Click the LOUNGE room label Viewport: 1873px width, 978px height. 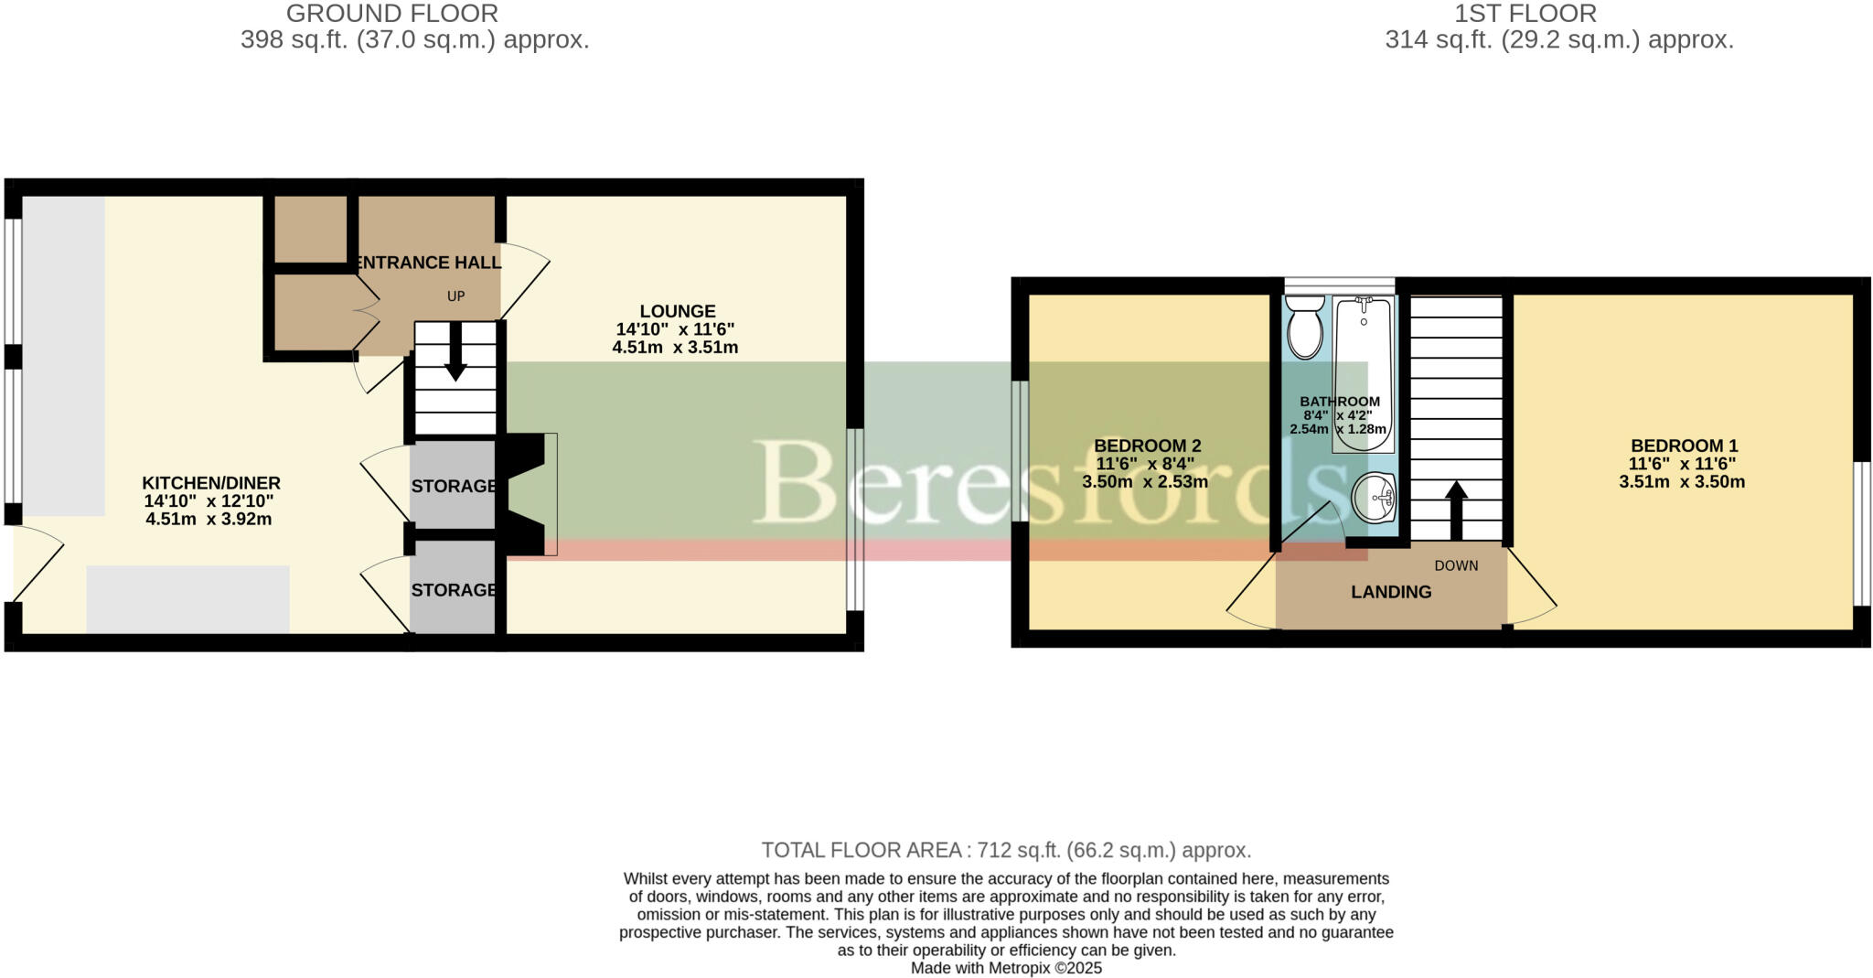point(677,311)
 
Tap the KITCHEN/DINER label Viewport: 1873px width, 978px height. point(211,483)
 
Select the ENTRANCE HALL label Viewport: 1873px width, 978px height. point(427,263)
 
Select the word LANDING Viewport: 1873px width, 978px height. point(1391,592)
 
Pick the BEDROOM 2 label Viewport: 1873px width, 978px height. point(1147,446)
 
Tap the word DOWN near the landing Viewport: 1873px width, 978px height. point(1456,565)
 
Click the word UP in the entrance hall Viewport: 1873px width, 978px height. point(455,296)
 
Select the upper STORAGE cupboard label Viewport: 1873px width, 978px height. point(454,486)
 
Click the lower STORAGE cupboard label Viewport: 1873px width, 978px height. point(454,590)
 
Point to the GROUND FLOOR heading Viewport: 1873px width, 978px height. point(392,14)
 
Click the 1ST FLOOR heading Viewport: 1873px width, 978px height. point(1525,14)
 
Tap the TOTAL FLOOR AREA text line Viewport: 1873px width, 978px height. point(1006,850)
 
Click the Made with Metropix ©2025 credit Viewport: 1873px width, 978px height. point(1006,968)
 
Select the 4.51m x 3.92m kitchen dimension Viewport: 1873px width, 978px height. point(209,519)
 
